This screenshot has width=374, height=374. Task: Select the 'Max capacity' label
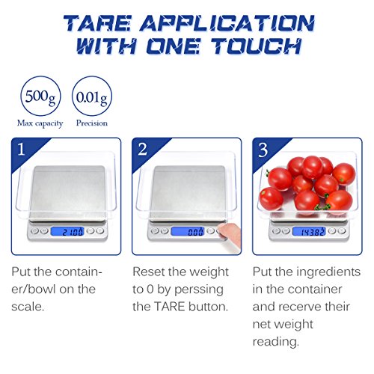coord(39,123)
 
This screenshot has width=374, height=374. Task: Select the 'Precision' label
coord(91,123)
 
